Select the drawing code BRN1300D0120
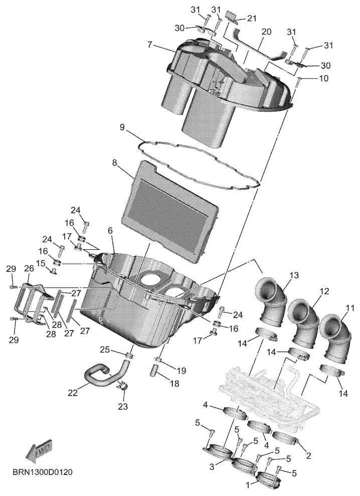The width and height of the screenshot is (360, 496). click(43, 472)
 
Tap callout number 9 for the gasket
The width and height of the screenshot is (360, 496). click(123, 127)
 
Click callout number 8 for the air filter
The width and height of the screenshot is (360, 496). click(114, 163)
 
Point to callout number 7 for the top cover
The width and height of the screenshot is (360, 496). click(150, 44)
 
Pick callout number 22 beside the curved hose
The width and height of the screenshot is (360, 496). click(72, 393)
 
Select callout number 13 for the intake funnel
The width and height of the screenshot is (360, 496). click(294, 275)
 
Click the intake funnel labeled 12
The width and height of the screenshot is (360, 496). click(303, 325)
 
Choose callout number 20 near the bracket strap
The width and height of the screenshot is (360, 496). click(266, 32)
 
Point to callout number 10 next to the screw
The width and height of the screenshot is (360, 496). click(323, 78)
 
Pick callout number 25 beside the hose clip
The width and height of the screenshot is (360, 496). click(105, 350)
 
